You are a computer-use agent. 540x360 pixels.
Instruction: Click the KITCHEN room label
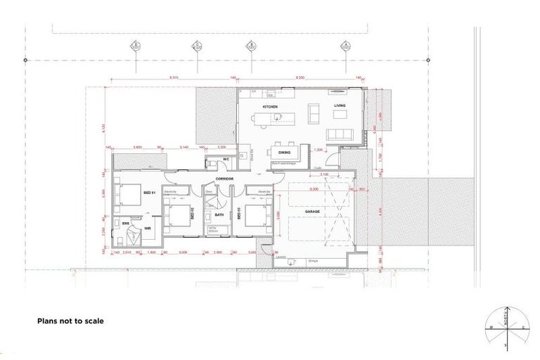coord(270,107)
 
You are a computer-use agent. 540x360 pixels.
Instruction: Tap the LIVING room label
coord(340,107)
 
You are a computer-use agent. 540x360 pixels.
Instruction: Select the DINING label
coord(284,152)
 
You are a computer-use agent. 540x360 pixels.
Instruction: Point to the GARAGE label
coord(312,211)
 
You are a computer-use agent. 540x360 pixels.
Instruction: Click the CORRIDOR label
coord(225,180)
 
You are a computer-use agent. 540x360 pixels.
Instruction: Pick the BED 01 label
coord(149,192)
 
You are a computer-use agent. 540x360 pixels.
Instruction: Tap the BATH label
coord(219,215)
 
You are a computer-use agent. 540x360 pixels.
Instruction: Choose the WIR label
coord(148,228)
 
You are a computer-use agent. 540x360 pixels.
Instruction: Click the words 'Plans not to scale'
coord(70,321)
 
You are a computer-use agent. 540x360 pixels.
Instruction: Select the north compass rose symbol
coord(506,328)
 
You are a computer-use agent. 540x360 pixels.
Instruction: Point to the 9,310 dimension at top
coord(173,77)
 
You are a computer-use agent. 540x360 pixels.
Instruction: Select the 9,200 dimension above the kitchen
coord(300,77)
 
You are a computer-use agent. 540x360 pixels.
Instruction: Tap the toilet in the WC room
coord(212,163)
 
